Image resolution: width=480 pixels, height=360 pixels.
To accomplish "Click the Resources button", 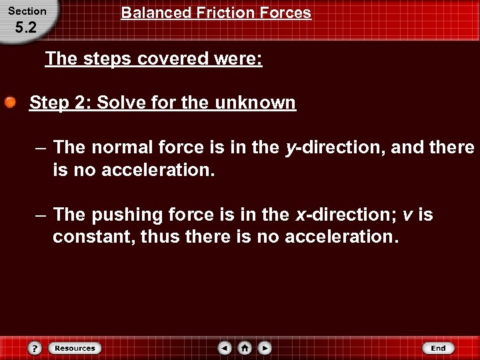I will tap(74, 348).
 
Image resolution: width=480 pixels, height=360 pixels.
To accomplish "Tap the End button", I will tap(438, 348).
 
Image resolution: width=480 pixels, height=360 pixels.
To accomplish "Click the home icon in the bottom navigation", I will tap(245, 348).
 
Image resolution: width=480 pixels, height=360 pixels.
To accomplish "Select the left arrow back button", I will tap(225, 348).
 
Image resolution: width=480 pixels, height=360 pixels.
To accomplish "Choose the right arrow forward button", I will tap(265, 348).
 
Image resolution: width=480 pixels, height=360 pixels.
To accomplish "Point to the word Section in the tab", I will tap(27, 11).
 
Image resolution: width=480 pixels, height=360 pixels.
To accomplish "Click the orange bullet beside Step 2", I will tap(11, 103).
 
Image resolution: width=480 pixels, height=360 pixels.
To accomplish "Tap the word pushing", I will tap(123, 215).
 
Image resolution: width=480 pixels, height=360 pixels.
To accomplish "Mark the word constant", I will tap(93, 237).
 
